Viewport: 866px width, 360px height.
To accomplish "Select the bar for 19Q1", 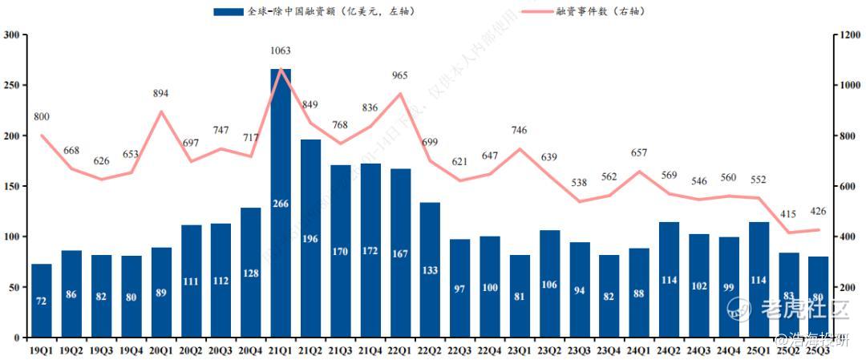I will [42, 300].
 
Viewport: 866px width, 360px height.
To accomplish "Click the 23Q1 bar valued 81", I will [520, 296].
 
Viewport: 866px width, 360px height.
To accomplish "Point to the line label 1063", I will [281, 51].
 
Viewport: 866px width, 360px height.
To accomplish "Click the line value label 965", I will [400, 76].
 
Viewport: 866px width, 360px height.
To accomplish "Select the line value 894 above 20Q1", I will [161, 94].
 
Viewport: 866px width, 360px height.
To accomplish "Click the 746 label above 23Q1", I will [520, 131].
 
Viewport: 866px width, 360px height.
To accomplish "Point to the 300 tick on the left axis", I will [11, 35].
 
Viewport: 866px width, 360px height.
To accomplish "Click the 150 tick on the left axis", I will [11, 186].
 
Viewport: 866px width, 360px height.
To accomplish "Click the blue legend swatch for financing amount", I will [229, 12].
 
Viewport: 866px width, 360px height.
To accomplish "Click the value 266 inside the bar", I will [281, 204].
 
